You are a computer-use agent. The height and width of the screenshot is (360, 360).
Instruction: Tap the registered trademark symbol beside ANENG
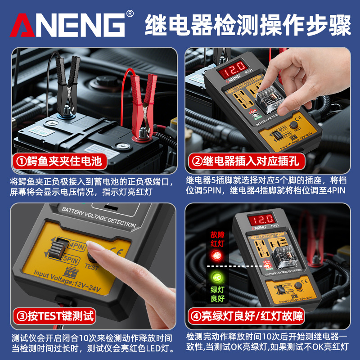tap(130, 13)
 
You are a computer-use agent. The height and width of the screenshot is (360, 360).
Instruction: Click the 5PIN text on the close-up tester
tap(72, 260)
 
